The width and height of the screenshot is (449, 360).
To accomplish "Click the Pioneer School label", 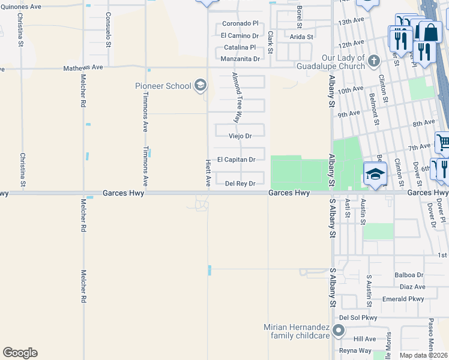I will (163, 86).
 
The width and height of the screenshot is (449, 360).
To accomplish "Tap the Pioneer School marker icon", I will (200, 86).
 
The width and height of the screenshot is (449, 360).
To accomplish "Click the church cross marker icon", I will (373, 61).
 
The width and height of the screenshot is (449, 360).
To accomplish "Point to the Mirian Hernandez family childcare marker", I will (339, 331).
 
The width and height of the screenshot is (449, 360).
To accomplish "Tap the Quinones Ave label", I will (20, 7).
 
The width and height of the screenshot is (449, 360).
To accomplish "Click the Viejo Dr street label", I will (240, 136).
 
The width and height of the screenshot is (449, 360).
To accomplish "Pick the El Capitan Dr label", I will (237, 160).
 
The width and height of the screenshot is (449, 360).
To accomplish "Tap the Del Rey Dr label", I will (240, 184).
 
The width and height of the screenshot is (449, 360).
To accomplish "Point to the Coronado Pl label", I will (240, 23).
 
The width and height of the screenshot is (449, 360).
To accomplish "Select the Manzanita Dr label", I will (240, 59).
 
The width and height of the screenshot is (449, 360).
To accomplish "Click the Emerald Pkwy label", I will (406, 299).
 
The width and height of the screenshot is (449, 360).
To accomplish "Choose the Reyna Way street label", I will (355, 351).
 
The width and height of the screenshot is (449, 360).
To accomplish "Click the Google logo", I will (20, 353).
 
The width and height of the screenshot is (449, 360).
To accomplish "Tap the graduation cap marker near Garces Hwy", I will (374, 175).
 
